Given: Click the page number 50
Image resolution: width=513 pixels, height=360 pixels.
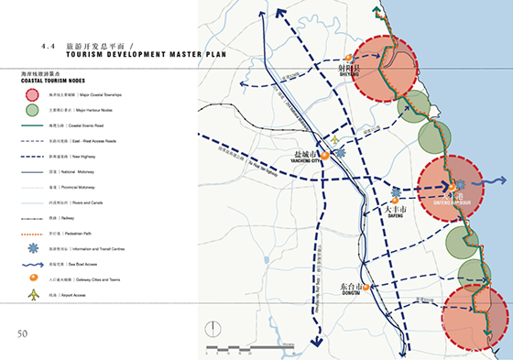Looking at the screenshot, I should click(22, 332).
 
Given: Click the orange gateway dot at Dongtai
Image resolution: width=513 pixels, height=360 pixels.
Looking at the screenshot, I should click(366, 288).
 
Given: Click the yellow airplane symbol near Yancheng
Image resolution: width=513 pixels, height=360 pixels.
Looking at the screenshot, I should click(335, 139).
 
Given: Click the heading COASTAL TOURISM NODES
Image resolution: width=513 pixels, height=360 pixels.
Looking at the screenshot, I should click(50, 81).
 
